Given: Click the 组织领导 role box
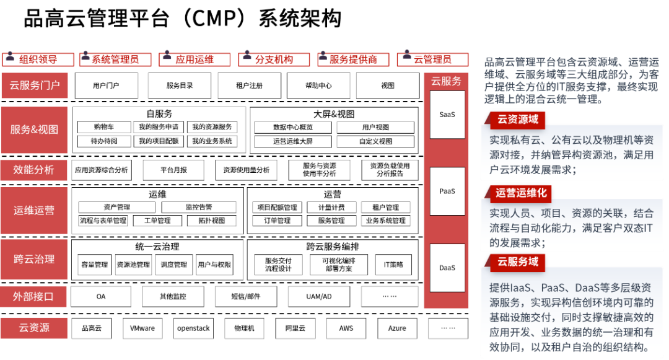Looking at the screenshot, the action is pos(38,59).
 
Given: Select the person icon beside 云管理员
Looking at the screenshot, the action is pos(406,55).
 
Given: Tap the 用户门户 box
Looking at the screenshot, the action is pos(107,86).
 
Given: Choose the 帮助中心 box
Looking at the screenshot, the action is pos(318,86).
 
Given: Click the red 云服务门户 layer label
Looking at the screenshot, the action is pos(34,86).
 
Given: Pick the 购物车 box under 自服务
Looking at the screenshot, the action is pos(103,127).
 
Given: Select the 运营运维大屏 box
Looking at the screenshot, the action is pos(292,141).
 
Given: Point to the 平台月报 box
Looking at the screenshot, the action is pos(173,170).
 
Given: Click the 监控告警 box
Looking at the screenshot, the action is pos(199,208).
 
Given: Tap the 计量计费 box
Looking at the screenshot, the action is pos(331,208).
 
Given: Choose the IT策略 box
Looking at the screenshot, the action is pos(393,265).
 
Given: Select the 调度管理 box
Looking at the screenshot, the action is pos(173,265).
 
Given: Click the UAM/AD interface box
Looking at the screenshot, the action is pos(319,296).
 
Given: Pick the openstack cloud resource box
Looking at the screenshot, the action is pos(193,328).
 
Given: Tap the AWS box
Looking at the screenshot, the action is pos(346,328).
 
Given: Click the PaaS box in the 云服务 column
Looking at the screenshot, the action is pos(447,191).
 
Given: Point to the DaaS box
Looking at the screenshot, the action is pos(447,268).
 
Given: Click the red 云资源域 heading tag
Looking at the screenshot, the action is pos(515,120).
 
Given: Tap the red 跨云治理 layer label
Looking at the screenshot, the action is pos(34,259).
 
